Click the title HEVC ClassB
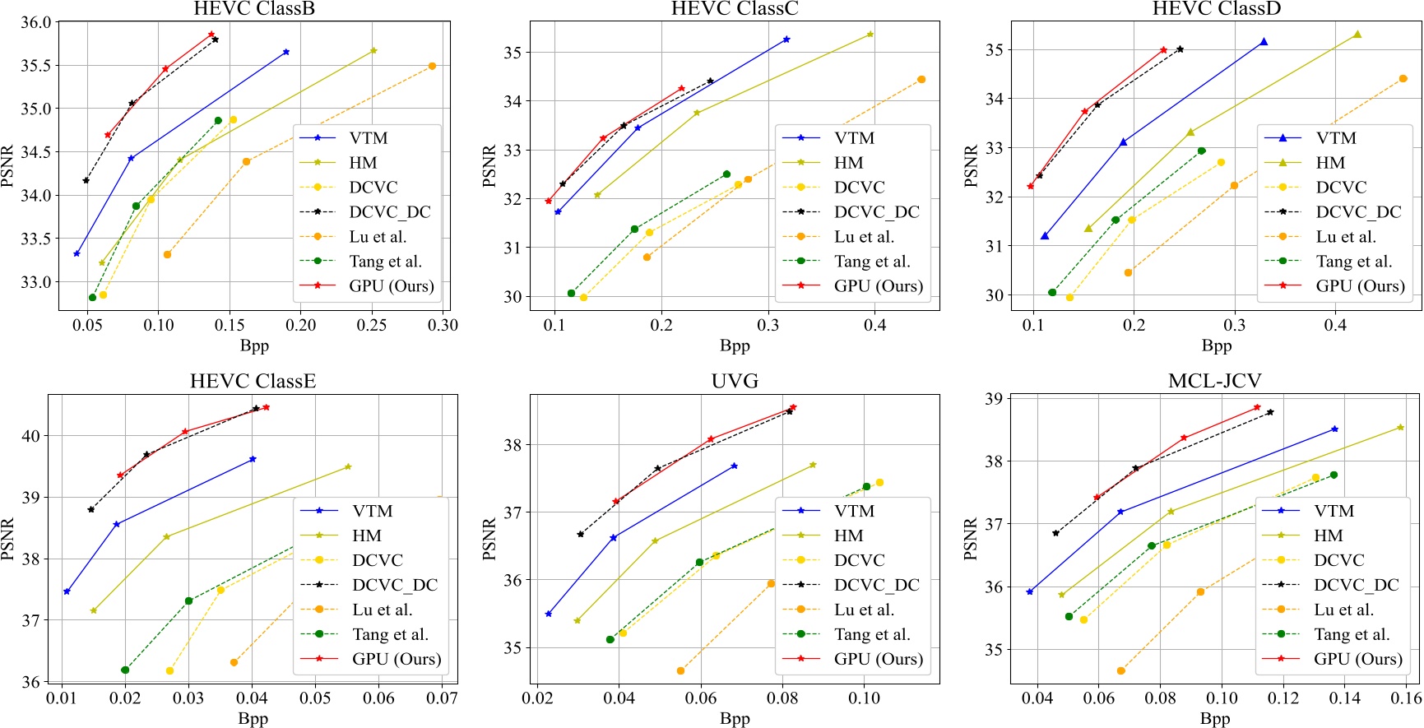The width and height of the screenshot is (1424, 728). [253, 9]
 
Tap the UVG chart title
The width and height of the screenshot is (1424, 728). [735, 382]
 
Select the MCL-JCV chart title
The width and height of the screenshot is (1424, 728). [1214, 382]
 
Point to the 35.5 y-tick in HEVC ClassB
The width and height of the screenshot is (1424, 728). [35, 66]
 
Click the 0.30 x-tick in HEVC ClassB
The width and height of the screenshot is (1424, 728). [443, 326]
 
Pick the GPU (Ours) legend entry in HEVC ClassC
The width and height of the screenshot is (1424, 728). [878, 286]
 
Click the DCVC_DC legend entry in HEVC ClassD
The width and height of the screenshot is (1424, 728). [1358, 212]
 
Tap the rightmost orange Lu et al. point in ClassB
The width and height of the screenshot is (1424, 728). [432, 66]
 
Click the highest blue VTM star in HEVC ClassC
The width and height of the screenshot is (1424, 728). [786, 39]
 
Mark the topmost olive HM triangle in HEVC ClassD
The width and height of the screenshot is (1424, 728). [1357, 35]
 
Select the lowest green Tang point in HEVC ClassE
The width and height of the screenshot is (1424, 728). [125, 670]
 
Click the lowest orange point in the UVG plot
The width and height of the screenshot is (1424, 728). [680, 671]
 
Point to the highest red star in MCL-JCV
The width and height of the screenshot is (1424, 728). [1257, 407]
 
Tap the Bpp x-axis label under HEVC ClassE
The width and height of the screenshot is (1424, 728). [253, 719]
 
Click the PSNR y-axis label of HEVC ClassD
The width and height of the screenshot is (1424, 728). [971, 166]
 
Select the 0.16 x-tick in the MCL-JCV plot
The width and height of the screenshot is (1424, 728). [1406, 698]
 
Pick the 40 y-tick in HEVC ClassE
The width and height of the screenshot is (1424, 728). [30, 436]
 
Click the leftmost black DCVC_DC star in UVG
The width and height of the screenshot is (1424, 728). [580, 534]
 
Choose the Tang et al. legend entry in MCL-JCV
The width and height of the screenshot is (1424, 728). [1352, 634]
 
